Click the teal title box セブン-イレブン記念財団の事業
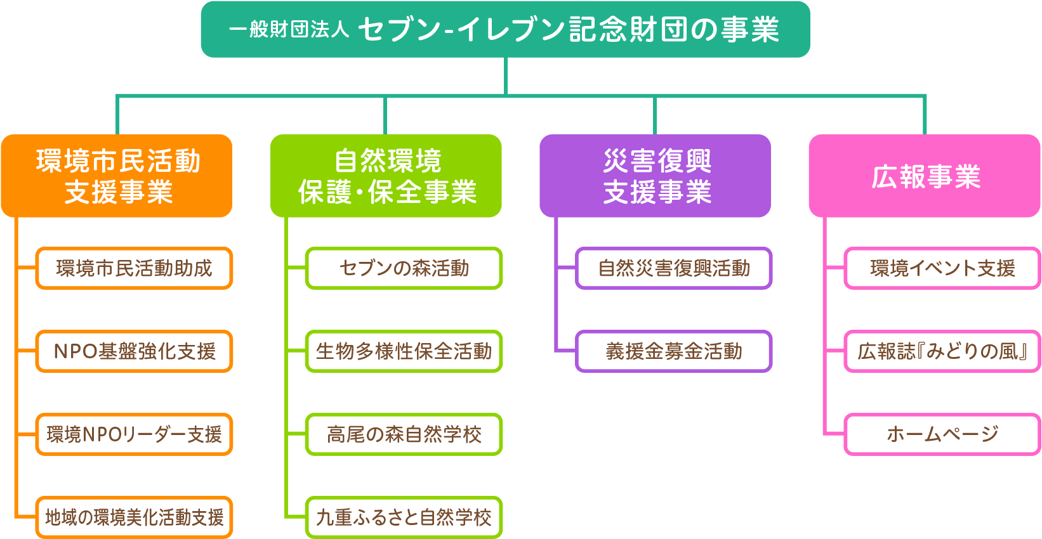(x=505, y=30)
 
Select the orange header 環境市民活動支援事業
(x=117, y=176)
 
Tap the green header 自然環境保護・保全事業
(x=386, y=176)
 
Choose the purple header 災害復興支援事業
(x=656, y=176)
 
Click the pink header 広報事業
(x=925, y=176)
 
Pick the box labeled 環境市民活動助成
(x=135, y=268)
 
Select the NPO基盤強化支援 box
(x=135, y=351)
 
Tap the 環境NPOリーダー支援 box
(x=135, y=434)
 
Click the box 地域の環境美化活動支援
(x=135, y=517)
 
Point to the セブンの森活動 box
(x=404, y=268)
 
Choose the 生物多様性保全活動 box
(x=404, y=351)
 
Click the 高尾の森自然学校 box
(x=404, y=434)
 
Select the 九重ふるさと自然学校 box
(x=404, y=517)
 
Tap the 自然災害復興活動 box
(x=674, y=268)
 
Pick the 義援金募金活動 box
(x=674, y=351)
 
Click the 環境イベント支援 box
(x=943, y=268)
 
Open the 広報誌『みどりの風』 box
(x=943, y=351)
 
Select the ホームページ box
(x=943, y=434)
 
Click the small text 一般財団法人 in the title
(x=289, y=29)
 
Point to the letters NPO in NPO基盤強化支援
(x=74, y=351)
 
